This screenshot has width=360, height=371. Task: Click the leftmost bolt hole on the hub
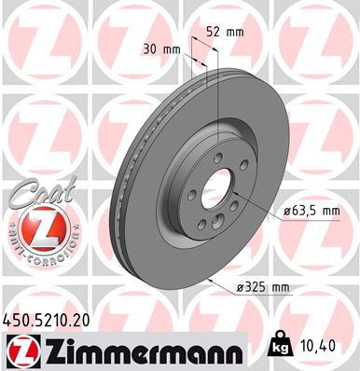pyautogui.click(x=192, y=194)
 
